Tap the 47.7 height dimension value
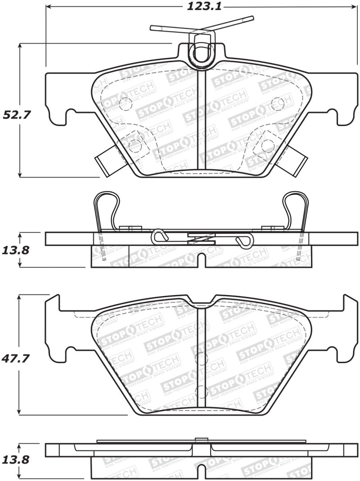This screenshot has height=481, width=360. [x=17, y=359]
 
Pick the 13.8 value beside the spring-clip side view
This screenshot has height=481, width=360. [x=17, y=250]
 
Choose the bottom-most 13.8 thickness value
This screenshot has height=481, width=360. [x=17, y=460]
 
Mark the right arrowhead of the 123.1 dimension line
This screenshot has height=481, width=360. [x=354, y=7]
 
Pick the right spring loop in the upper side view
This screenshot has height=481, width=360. [x=296, y=207]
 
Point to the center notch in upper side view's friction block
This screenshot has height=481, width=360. [x=202, y=260]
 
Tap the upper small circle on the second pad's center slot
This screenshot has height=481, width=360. [x=201, y=359]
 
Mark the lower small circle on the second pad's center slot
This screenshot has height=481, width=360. [x=201, y=391]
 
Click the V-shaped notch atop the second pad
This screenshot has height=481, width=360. [x=202, y=300]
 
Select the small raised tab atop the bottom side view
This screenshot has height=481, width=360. [x=201, y=440]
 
